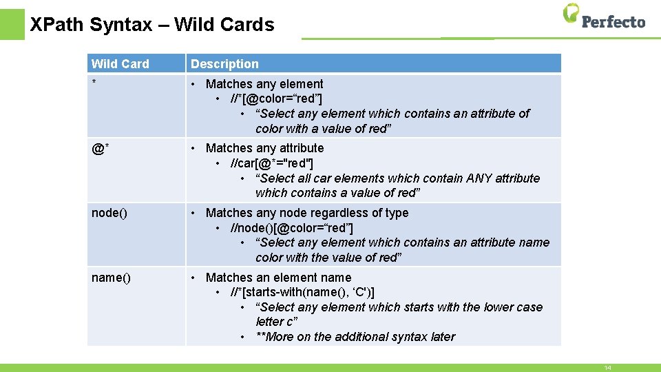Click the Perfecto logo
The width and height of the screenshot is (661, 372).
(x=604, y=17)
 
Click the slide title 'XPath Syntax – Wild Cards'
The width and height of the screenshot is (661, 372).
(x=152, y=25)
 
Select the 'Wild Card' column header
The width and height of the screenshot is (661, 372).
(x=120, y=64)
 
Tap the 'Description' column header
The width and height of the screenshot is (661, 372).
(x=224, y=64)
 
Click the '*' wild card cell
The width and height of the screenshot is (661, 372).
(x=94, y=84)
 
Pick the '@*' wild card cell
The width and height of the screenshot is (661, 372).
(x=101, y=148)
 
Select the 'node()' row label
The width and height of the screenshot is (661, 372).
(x=109, y=213)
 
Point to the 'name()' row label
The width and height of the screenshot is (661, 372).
(x=111, y=278)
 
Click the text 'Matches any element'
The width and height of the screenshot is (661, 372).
(x=264, y=84)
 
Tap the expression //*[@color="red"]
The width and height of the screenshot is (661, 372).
(x=277, y=99)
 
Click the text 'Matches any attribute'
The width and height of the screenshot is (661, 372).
(x=264, y=148)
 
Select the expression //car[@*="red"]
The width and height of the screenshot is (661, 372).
(x=272, y=163)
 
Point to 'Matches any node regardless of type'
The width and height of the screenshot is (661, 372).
(x=307, y=213)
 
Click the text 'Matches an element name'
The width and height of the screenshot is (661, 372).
(x=278, y=278)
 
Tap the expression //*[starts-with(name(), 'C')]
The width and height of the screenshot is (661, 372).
(x=303, y=293)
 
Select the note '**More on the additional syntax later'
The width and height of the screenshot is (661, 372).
(x=355, y=337)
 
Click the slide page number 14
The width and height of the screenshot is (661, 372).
(x=607, y=368)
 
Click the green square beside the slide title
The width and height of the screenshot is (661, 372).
(x=12, y=24)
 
